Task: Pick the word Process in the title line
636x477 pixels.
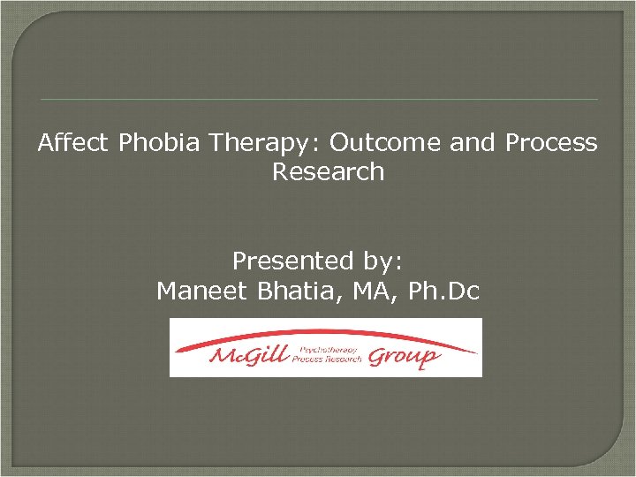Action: (x=551, y=143)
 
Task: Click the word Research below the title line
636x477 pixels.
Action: (x=328, y=171)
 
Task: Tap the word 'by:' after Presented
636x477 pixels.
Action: (x=382, y=262)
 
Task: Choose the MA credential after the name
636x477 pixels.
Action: (x=368, y=291)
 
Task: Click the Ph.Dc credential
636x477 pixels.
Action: (x=441, y=291)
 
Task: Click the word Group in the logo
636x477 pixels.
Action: (x=402, y=356)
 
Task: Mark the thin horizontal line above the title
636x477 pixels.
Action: (x=319, y=99)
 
